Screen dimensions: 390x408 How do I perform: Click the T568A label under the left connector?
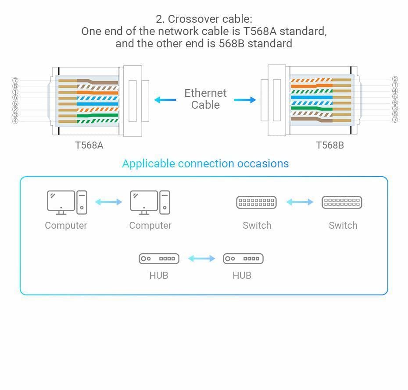pos(89,145)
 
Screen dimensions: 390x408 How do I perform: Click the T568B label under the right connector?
pos(330,145)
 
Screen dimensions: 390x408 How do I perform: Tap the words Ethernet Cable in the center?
pos(205,99)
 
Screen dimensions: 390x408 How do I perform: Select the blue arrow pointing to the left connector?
pos(165,100)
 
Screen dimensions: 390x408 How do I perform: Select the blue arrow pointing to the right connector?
pos(245,100)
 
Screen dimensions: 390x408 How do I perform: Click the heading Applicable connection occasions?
pos(205,164)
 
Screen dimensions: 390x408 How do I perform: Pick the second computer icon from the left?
pos(150,202)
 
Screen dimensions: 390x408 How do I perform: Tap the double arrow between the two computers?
pos(108,202)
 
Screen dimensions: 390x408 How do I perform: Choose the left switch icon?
pos(256,202)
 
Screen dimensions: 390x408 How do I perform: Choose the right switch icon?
pos(342,202)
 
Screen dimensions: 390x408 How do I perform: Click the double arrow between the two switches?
pos(300,202)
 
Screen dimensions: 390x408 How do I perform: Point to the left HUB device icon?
pos(159,259)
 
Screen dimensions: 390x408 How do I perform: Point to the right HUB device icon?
pos(243,259)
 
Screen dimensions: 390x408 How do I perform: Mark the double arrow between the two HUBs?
pos(201,259)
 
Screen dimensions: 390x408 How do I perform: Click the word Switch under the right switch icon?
pos(343,226)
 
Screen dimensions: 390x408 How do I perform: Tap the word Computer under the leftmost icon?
pos(66,226)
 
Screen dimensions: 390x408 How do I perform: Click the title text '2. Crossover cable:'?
pos(204,19)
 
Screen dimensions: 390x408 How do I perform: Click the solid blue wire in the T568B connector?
pos(311,97)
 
